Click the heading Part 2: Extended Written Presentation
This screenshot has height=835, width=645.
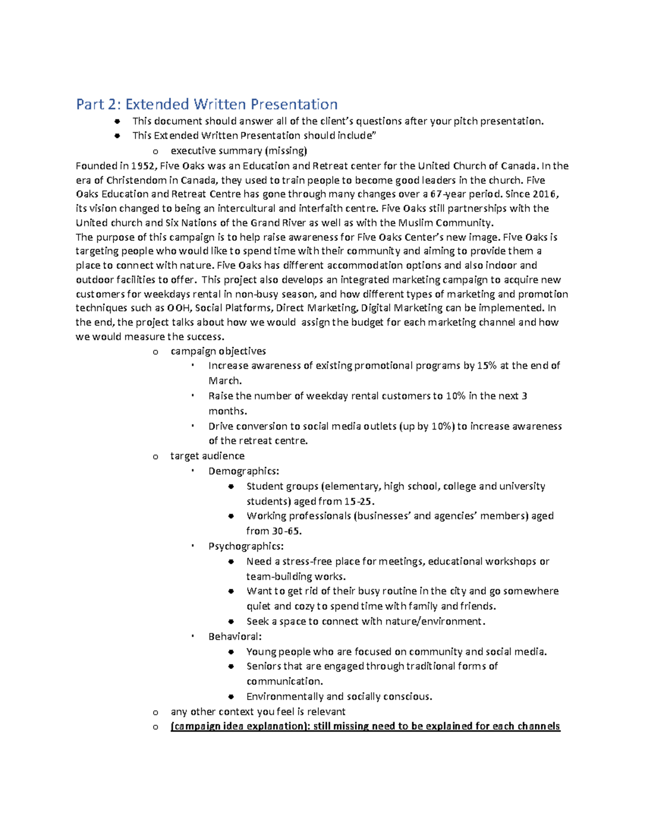[207, 104]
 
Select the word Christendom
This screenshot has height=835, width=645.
[140, 180]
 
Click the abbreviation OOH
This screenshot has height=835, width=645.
[178, 308]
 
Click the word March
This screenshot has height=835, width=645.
[225, 381]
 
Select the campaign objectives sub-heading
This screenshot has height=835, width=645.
[218, 351]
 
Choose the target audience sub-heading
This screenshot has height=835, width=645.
[207, 456]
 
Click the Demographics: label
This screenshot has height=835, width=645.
[244, 471]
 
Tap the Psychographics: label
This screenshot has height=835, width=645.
[246, 546]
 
